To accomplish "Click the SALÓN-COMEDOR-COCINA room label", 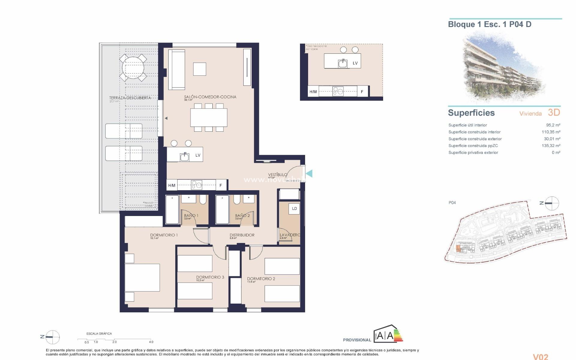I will coord(210,97).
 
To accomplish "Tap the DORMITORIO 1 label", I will coord(164,235).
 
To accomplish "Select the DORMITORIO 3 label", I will coord(210,277).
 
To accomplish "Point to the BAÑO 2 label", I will coord(242,215).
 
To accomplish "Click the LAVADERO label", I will coord(289,235).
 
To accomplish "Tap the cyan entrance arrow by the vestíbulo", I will coord(309,173).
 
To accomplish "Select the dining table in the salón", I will coord(208,117).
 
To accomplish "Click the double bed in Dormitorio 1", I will coord(142,277).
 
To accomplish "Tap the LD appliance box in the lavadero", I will coord(294,209).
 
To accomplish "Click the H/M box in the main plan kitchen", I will coord(172,185).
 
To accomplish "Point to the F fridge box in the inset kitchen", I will coord(362,92).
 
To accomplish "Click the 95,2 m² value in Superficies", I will coord(553,125).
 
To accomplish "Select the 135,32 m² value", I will coord(551,145).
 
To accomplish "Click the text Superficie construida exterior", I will coord(475,139).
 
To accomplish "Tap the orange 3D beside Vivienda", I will coord(554,112).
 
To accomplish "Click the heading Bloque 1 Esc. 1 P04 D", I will coord(490,25).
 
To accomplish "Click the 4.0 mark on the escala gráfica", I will coord(151,342).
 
